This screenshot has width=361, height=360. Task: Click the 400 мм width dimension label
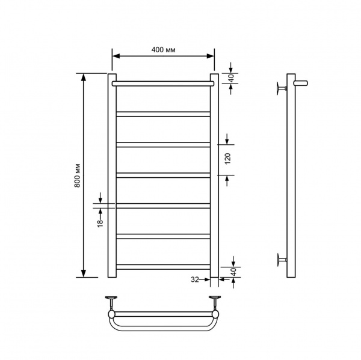[163, 50]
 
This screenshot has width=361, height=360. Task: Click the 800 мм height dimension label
[78, 175]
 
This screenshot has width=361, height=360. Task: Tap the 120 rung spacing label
[227, 159]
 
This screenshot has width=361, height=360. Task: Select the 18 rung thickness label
[100, 224]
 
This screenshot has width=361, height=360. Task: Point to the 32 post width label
[194, 279]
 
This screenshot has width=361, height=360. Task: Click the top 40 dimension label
[232, 78]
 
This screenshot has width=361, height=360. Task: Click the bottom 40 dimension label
[233, 272]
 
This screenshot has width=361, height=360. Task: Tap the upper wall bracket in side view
[282, 88]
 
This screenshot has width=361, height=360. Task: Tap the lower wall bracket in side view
[282, 260]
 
